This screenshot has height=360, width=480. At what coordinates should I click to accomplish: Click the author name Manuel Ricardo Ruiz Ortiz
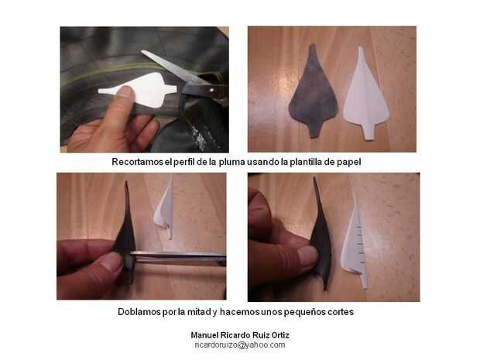point(240,335)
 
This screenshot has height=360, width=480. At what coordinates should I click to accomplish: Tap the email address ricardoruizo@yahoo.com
point(240,345)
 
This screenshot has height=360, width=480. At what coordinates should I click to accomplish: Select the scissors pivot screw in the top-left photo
point(212,90)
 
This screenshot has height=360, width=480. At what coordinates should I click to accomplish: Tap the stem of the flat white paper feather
point(369,132)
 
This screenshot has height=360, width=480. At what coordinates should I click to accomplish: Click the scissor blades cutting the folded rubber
point(178,256)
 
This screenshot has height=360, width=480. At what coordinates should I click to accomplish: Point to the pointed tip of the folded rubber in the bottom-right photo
point(314,178)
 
